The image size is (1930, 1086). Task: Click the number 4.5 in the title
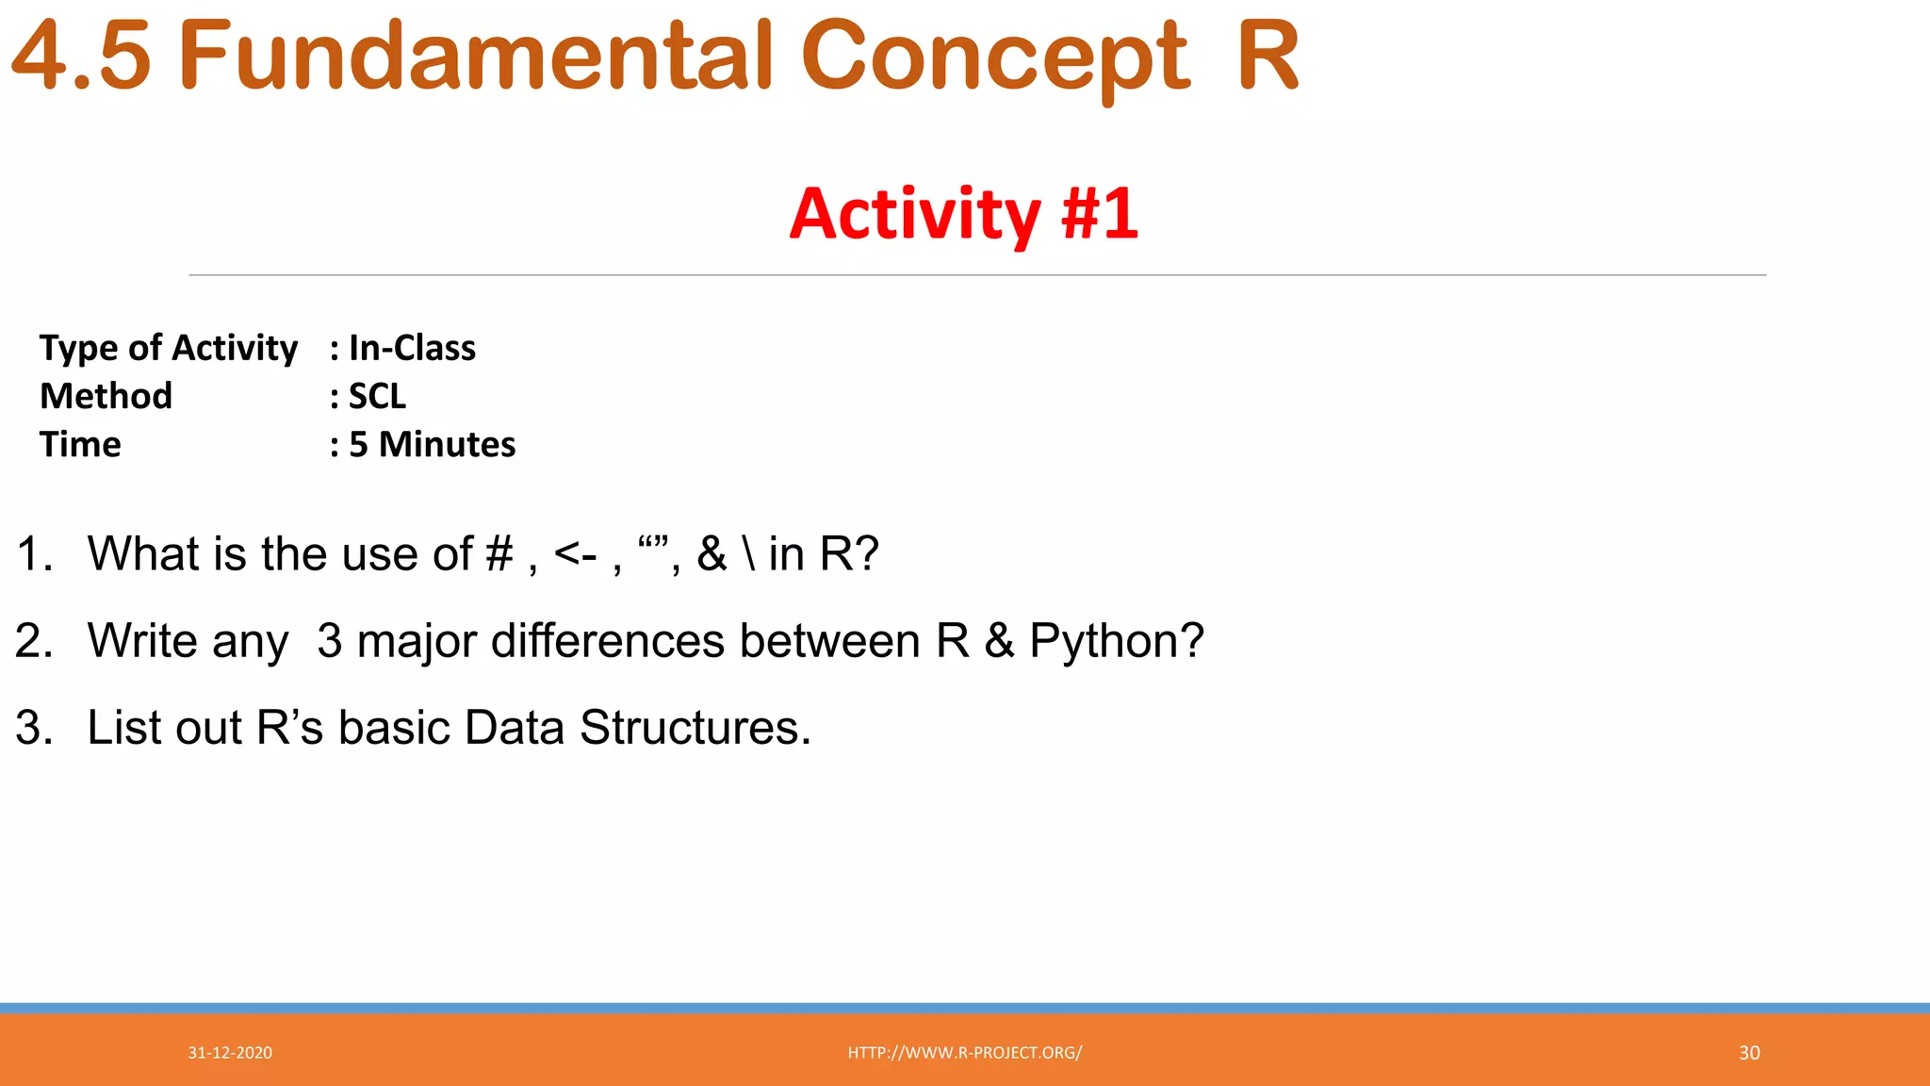tap(81, 58)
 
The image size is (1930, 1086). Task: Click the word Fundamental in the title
tap(476, 58)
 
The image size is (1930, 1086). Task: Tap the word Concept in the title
tap(995, 58)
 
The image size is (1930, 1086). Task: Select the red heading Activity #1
tap(963, 214)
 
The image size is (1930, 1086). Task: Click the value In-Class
tap(412, 348)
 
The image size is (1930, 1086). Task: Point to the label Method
tap(106, 396)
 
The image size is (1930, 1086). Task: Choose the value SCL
tap(377, 396)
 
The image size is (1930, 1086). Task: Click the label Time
tap(80, 444)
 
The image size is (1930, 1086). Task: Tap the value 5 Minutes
tap(432, 444)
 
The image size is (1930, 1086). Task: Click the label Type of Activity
tap(169, 348)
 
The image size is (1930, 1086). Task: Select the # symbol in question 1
tap(499, 554)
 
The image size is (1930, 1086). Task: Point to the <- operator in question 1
tap(575, 554)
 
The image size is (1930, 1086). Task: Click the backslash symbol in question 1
tap(749, 554)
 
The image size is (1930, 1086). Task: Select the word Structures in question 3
tap(694, 728)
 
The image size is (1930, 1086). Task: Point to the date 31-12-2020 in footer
tap(230, 1053)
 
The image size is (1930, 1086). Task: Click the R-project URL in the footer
tap(964, 1053)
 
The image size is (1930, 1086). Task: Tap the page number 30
tap(1749, 1053)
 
